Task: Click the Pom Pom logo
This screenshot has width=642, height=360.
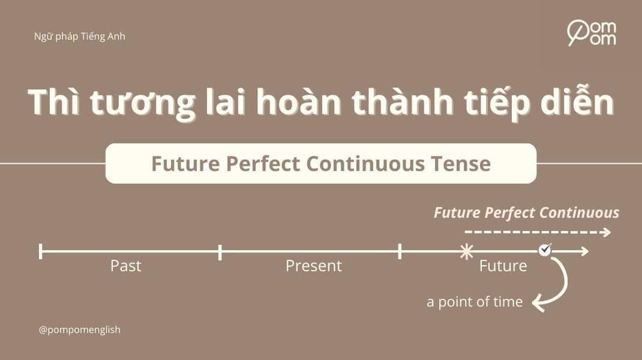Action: pyautogui.click(x=591, y=33)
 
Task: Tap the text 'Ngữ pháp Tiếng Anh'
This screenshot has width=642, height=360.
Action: pyautogui.click(x=80, y=37)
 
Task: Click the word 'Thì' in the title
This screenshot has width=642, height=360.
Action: pyautogui.click(x=55, y=103)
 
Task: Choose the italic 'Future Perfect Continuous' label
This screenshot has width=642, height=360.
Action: pyautogui.click(x=526, y=213)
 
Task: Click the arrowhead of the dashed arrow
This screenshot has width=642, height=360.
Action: pyautogui.click(x=607, y=232)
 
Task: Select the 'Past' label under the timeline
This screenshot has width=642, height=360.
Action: pyautogui.click(x=125, y=266)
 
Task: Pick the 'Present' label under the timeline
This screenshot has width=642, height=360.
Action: pyautogui.click(x=313, y=266)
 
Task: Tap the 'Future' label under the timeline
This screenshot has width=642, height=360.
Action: pyautogui.click(x=503, y=266)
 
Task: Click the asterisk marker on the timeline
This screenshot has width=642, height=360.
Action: pyautogui.click(x=466, y=251)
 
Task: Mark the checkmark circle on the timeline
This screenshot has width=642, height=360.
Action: pyautogui.click(x=545, y=249)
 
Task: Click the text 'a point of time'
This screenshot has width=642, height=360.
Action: pyautogui.click(x=475, y=302)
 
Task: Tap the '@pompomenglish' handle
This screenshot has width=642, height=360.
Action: pyautogui.click(x=79, y=330)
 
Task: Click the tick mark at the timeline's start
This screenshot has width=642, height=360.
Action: pyautogui.click(x=40, y=251)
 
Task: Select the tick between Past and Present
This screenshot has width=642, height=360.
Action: pyautogui.click(x=220, y=252)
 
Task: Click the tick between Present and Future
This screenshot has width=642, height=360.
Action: pyautogui.click(x=400, y=251)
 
